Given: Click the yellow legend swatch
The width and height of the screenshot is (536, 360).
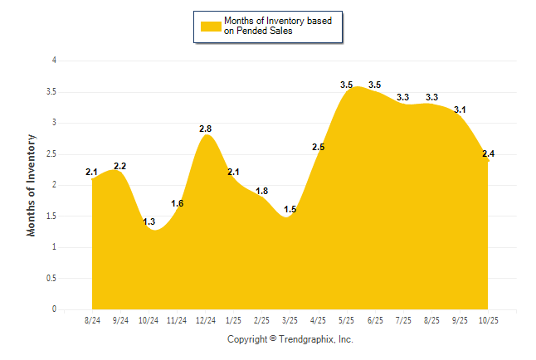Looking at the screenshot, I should tap(211, 26).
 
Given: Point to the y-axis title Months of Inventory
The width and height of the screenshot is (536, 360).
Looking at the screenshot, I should tap(32, 185).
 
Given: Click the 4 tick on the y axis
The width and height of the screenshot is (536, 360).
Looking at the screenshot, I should tap(54, 61).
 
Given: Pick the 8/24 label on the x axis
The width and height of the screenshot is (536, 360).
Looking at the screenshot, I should tap(92, 320).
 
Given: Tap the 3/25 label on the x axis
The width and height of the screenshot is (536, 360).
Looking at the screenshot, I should tap(290, 320).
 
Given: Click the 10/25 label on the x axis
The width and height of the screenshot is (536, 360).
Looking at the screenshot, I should tap(487, 320).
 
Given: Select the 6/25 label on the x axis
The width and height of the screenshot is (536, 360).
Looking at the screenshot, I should tap(374, 320).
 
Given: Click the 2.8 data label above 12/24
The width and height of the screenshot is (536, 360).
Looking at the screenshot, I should tap(206, 129).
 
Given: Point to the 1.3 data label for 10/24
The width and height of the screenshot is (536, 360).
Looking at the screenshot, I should tap(149, 221).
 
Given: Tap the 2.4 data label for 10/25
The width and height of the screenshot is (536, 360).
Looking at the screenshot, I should tap(488, 153).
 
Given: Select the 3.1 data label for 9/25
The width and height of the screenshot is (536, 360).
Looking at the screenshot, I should tap(460, 109).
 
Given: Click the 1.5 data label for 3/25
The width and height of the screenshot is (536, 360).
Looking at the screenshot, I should tap(290, 209).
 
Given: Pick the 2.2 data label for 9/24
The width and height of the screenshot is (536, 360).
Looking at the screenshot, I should tap(119, 166).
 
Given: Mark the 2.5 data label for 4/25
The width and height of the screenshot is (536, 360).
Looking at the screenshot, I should tap(318, 147).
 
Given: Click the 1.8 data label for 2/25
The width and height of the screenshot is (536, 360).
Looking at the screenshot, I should tap(261, 191).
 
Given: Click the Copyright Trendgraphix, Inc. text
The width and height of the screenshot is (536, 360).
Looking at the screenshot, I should tap(290, 339).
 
